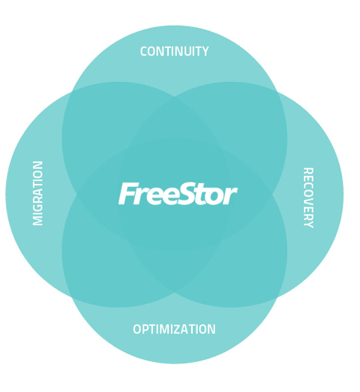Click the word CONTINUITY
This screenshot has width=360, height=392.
pyautogui.click(x=174, y=51)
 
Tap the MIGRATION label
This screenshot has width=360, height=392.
pyautogui.click(x=38, y=193)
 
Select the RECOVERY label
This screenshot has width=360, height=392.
pyautogui.click(x=308, y=198)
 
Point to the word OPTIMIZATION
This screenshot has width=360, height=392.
pyautogui.click(x=174, y=329)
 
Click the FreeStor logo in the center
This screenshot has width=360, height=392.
pyautogui.click(x=178, y=194)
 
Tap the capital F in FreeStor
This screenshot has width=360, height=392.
pyautogui.click(x=127, y=194)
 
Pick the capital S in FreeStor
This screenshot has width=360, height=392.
pyautogui.click(x=187, y=194)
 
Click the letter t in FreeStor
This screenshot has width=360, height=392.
pyautogui.click(x=202, y=194)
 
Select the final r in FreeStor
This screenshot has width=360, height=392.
pyautogui.click(x=230, y=197)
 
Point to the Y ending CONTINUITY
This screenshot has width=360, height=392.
pyautogui.click(x=205, y=51)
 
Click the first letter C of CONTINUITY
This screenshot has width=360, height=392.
pyautogui.click(x=143, y=51)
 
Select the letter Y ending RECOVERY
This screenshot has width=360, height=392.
pyautogui.click(x=308, y=224)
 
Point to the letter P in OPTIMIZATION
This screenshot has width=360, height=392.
pyautogui.click(x=147, y=329)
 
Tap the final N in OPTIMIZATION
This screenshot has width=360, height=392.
pyautogui.click(x=211, y=329)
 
